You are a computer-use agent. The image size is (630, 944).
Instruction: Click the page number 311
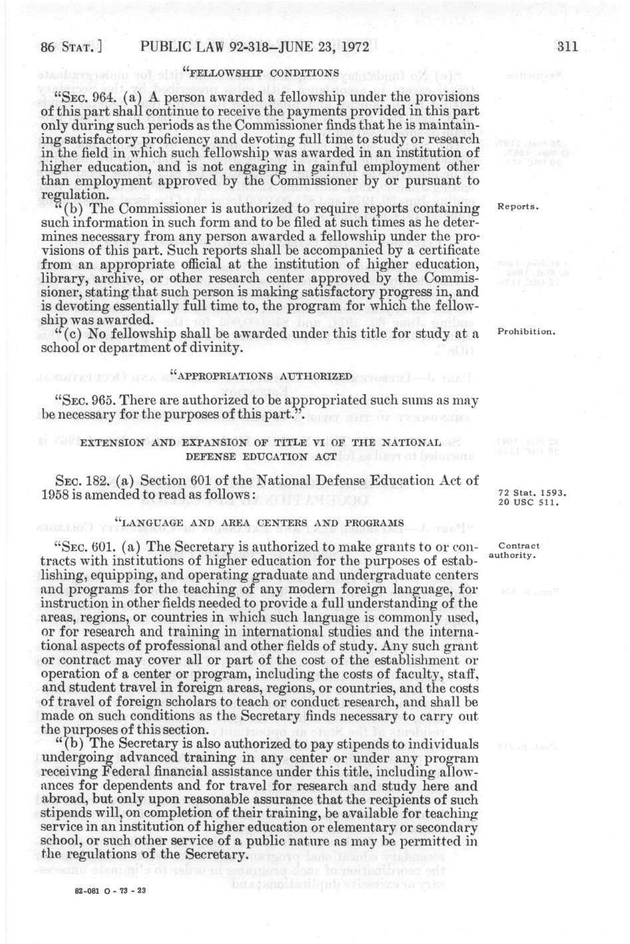point(569,47)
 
